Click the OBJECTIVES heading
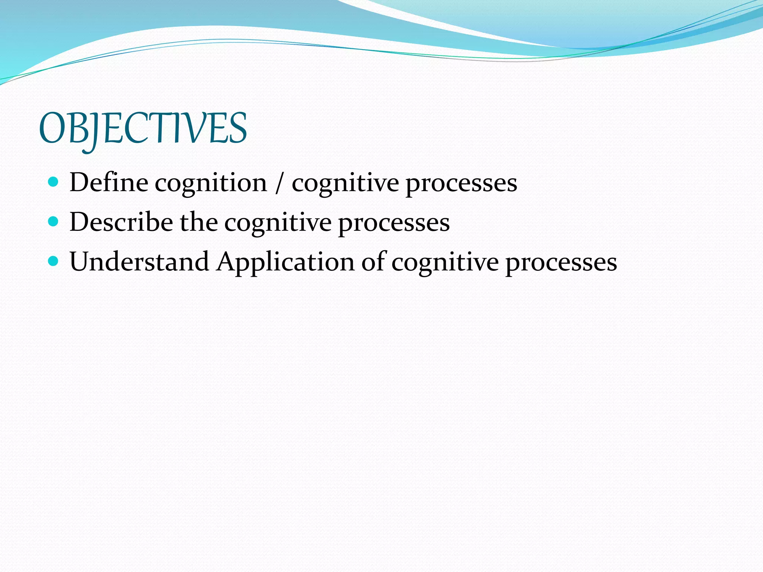[x=143, y=128]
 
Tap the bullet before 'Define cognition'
[x=54, y=182]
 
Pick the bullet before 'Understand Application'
[x=54, y=261]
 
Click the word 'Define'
[x=108, y=182]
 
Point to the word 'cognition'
[x=211, y=183]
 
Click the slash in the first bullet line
[x=279, y=183]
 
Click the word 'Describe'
[x=121, y=222]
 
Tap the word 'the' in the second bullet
[x=199, y=222]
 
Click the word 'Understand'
[x=139, y=262]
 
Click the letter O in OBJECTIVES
[x=53, y=128]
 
